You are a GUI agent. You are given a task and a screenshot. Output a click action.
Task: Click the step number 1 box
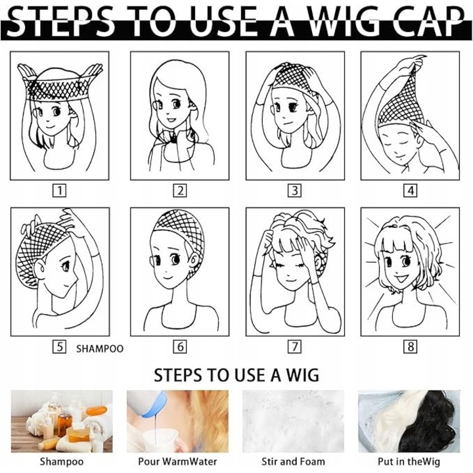59,191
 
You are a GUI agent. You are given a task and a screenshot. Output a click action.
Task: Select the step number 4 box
411,191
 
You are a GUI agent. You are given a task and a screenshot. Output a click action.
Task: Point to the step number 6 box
180,347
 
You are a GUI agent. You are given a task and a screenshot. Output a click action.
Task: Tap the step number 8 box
411,347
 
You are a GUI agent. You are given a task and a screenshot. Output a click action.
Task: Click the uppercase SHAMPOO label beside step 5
100,349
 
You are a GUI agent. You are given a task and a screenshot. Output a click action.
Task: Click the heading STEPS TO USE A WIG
236,375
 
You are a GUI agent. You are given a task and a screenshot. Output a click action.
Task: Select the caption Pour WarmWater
177,461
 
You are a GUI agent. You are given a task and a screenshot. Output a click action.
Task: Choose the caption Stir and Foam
293,461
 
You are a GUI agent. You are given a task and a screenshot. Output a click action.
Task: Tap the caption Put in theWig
409,461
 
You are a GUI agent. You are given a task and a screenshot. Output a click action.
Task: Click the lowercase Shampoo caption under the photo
62,462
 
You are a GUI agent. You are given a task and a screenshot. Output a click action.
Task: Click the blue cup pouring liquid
154,405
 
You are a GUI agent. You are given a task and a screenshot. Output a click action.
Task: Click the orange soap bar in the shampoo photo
97,411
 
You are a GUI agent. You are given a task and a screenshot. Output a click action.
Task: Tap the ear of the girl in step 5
40,269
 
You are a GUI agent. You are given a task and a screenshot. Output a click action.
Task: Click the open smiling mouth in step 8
401,279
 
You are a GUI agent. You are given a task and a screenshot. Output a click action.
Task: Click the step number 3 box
295,191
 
